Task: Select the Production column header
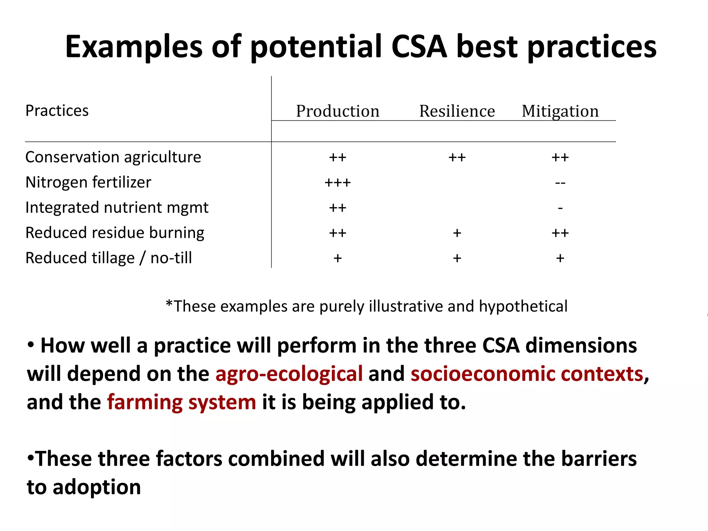pyautogui.click(x=338, y=111)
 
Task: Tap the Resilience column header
pyautogui.click(x=457, y=111)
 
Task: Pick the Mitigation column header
pyautogui.click(x=560, y=111)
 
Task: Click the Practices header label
pyautogui.click(x=57, y=111)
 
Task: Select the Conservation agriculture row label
pyautogui.click(x=113, y=157)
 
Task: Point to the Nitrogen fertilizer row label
pyautogui.click(x=88, y=182)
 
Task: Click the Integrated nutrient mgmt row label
pyautogui.click(x=117, y=207)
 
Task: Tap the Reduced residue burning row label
pyautogui.click(x=115, y=233)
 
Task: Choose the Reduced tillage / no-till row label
pyautogui.click(x=109, y=258)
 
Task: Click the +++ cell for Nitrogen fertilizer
pyautogui.click(x=338, y=183)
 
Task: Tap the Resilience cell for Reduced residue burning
pyautogui.click(x=457, y=233)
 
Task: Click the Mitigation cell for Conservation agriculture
pyautogui.click(x=560, y=157)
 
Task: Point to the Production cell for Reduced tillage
pyautogui.click(x=338, y=258)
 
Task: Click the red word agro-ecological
pyautogui.click(x=289, y=374)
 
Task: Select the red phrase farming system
pyautogui.click(x=181, y=402)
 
